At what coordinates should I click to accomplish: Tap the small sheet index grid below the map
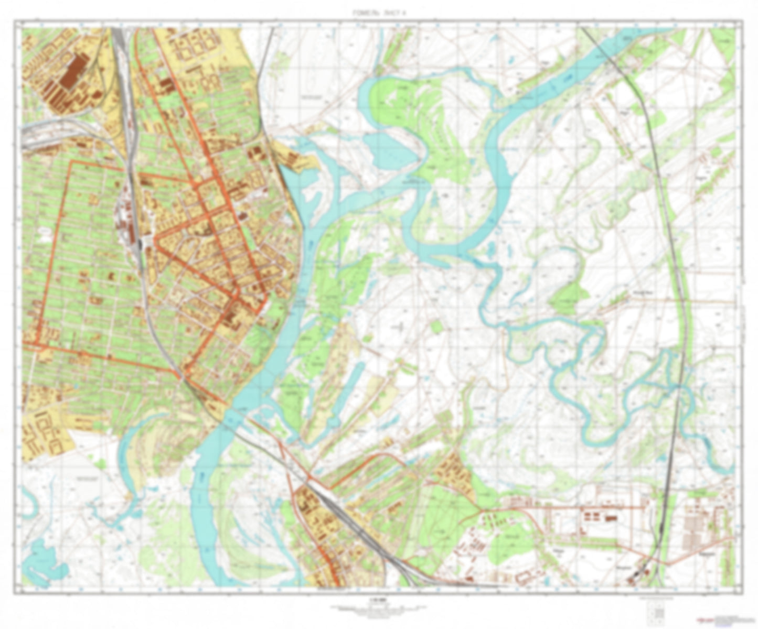point(655,611)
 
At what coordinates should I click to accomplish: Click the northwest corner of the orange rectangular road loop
point(71,163)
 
